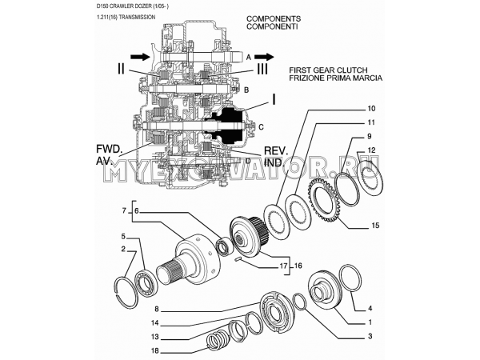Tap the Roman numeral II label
point(120,70)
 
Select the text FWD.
point(109,148)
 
